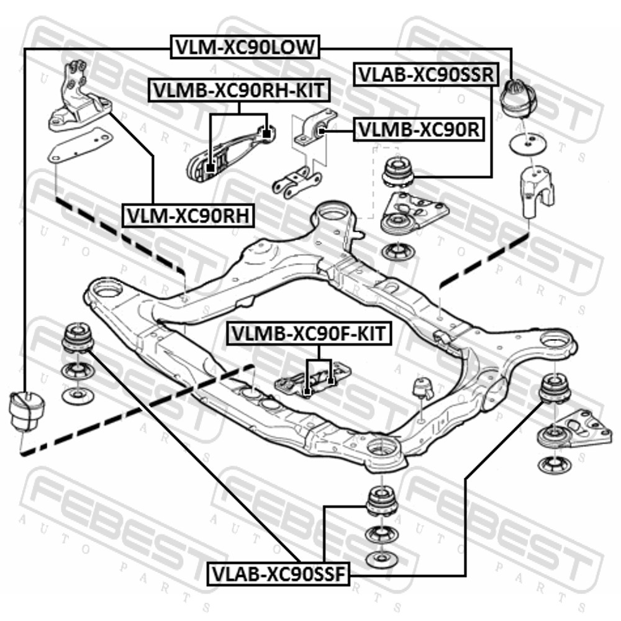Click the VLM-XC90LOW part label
[x=245, y=47]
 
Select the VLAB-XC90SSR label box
[x=426, y=74]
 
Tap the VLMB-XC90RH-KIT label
[x=238, y=90]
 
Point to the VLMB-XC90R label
[x=419, y=129]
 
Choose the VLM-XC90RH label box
[x=188, y=215]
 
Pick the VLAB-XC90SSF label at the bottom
[x=279, y=574]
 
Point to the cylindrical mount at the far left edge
[x=27, y=410]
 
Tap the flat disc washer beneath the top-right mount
[x=528, y=145]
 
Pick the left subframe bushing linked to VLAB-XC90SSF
[x=78, y=338]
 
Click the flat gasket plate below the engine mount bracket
[x=79, y=145]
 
